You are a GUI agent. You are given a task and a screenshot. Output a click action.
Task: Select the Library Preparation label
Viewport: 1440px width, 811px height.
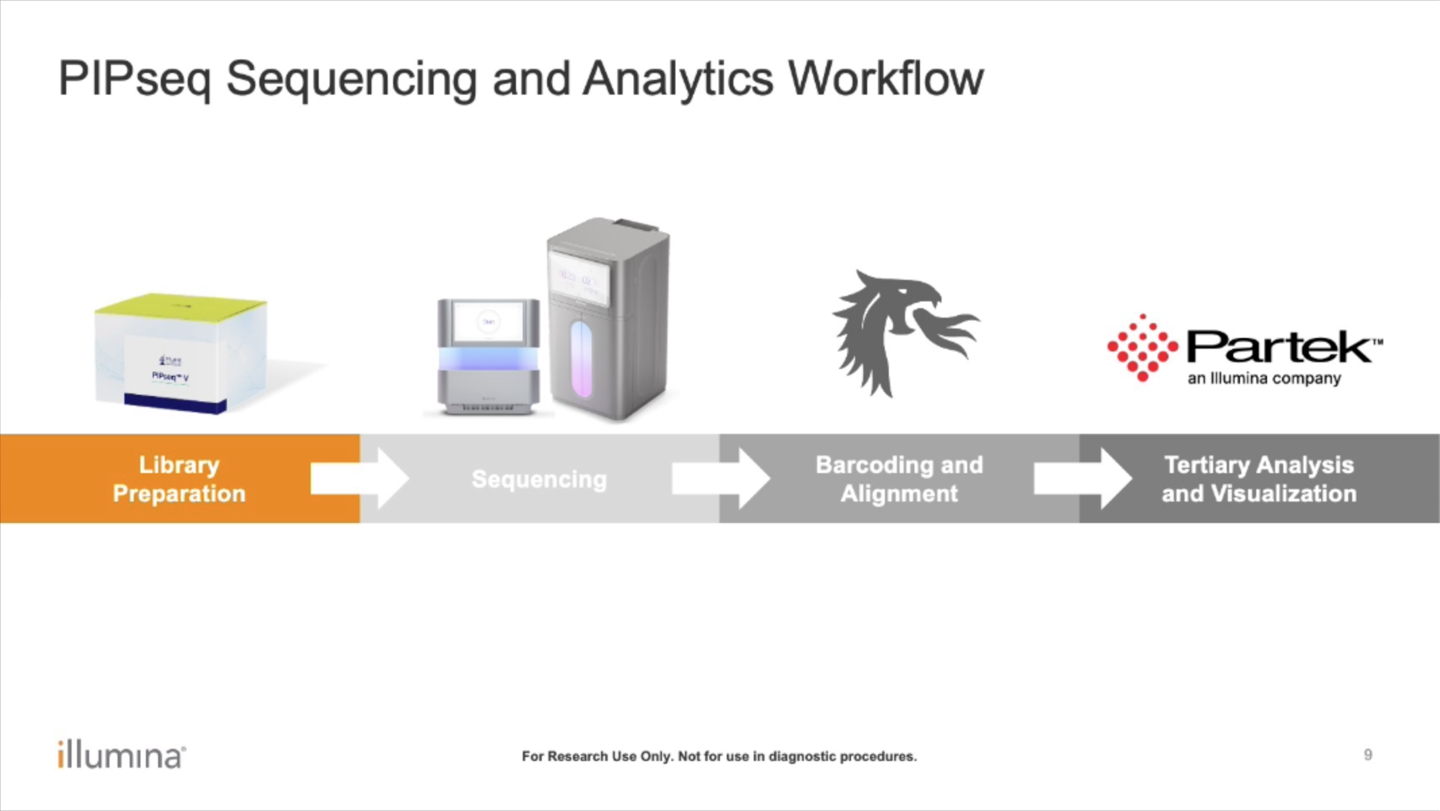click(x=179, y=479)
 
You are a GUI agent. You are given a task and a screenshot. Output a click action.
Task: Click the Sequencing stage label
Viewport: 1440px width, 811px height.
click(x=539, y=479)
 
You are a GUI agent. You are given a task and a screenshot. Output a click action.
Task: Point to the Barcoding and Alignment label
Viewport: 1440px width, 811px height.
click(x=899, y=479)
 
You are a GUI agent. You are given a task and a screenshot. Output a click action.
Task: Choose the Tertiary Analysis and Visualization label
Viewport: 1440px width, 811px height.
click(x=1259, y=479)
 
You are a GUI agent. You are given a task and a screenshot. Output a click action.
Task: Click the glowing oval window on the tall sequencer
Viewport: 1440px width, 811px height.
click(x=580, y=359)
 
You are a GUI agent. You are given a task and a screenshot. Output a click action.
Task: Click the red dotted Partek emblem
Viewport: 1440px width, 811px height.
click(x=1142, y=347)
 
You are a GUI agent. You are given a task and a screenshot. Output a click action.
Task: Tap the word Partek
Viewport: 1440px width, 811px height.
click(x=1279, y=347)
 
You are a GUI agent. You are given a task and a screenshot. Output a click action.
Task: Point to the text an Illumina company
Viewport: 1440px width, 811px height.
click(x=1264, y=378)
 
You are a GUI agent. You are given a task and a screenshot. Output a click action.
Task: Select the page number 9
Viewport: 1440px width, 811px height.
click(x=1368, y=755)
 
